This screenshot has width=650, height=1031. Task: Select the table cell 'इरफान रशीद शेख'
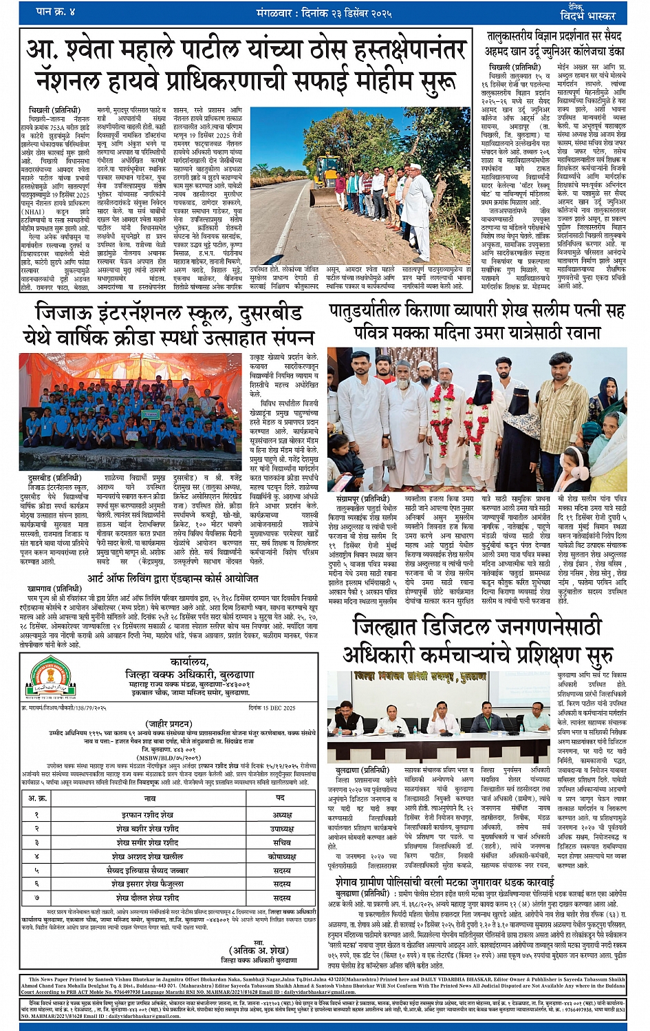click(x=150, y=814)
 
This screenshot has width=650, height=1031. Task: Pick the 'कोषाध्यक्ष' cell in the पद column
click(x=281, y=856)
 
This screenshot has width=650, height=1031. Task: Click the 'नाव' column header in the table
click(x=150, y=798)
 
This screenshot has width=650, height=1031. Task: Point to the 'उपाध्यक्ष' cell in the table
click(x=281, y=829)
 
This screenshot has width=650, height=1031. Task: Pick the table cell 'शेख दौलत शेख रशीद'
click(x=150, y=897)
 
